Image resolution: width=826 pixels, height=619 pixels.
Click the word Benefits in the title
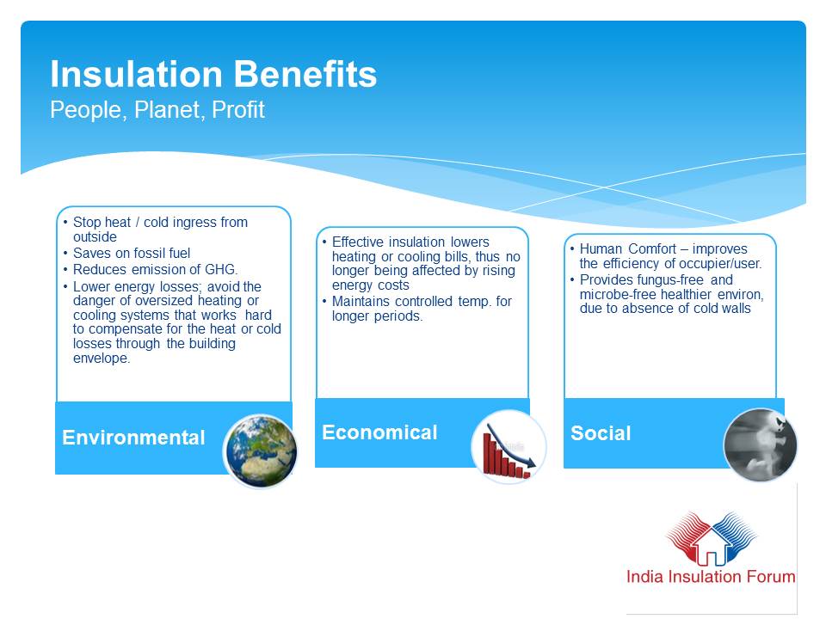pyautogui.click(x=305, y=74)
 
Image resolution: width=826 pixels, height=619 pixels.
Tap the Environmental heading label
pyautogui.click(x=134, y=438)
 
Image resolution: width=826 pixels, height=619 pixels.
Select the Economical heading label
pyautogui.click(x=379, y=432)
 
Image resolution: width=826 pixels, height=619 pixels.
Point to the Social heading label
pyautogui.click(x=601, y=433)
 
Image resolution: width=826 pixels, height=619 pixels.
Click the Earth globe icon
pyautogui.click(x=261, y=451)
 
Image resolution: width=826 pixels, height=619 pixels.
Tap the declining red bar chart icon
pyautogui.click(x=509, y=447)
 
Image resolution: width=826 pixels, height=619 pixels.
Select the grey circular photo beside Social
pyautogui.click(x=760, y=444)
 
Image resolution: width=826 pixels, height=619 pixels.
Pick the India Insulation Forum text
pyautogui.click(x=711, y=577)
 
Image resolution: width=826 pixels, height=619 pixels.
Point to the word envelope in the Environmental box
pyautogui.click(x=102, y=359)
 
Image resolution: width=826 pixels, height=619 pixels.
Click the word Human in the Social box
pyautogui.click(x=601, y=249)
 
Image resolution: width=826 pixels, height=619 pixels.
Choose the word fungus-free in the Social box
pyautogui.click(x=668, y=280)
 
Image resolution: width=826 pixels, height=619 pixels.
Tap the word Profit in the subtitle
pyautogui.click(x=238, y=111)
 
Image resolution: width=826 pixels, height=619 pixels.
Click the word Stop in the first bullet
pyautogui.click(x=85, y=223)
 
